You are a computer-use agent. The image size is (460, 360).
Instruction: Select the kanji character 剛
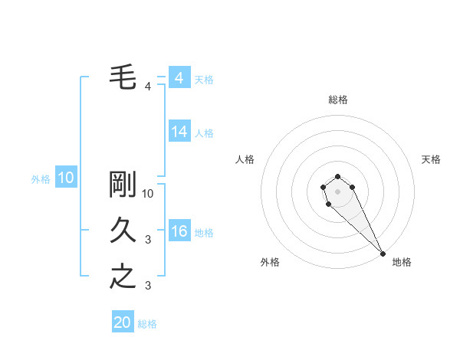pos(123,185)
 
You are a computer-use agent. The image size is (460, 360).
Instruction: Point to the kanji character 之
pos(123,277)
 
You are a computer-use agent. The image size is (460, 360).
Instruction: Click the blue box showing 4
pos(179,78)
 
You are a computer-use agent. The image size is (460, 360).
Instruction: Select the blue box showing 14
pos(179,132)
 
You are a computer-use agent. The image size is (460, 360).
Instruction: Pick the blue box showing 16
pos(179,231)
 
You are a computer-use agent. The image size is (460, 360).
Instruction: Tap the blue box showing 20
pos(123,322)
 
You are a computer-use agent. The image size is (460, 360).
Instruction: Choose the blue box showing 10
pos(66,178)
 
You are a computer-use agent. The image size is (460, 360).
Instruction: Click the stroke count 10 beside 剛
pos(149,194)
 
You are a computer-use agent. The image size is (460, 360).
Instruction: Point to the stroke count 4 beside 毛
pos(148,87)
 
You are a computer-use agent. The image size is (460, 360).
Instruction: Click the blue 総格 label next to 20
pos(147,324)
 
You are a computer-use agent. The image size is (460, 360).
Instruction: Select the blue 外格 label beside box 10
pos(40,179)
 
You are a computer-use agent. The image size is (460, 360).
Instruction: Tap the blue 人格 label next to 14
pos(204,133)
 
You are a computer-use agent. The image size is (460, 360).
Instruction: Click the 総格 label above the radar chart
pos(338,100)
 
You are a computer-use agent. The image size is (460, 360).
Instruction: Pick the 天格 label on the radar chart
pos(431,159)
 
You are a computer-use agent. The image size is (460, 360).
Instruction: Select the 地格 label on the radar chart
pos(402,262)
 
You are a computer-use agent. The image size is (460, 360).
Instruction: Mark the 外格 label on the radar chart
pos(270,262)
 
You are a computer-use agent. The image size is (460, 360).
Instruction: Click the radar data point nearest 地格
pos(383,254)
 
